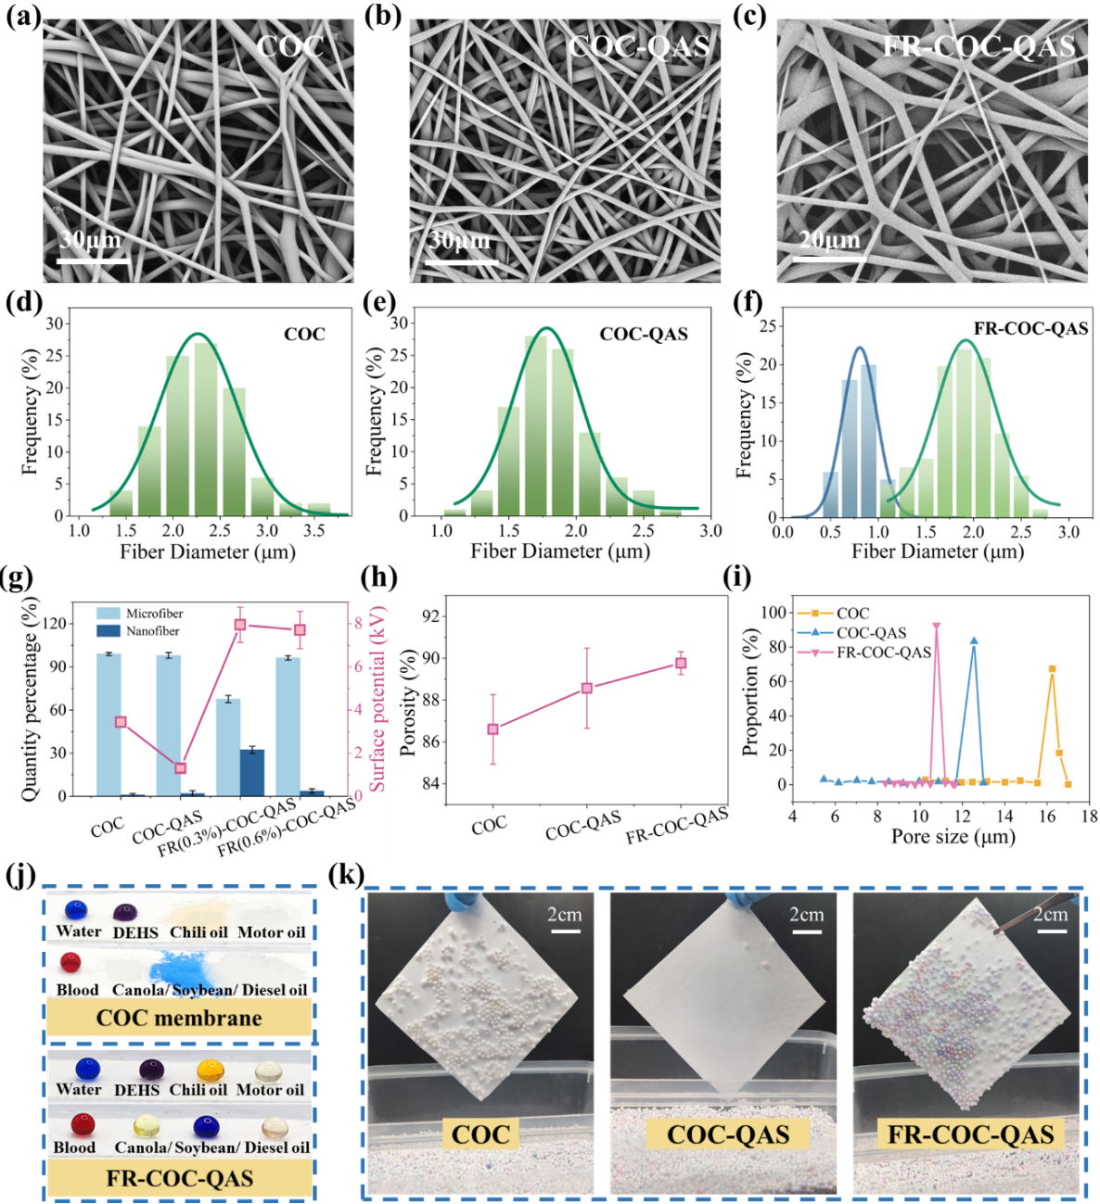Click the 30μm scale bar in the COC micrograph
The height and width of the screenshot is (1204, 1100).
coord(92,261)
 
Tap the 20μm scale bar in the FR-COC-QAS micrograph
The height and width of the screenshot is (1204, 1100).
coord(829,260)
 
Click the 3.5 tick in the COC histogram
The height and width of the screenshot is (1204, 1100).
coord(314,530)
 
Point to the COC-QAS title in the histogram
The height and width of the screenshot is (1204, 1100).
coord(644,335)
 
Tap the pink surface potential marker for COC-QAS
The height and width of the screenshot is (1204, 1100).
coord(181,768)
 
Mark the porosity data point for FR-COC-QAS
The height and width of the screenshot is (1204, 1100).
coord(681,664)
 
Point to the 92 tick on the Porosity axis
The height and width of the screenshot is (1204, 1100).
coord(430,616)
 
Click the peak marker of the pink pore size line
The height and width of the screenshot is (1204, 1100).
coord(937,627)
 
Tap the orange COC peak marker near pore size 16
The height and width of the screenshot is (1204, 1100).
coord(1052,669)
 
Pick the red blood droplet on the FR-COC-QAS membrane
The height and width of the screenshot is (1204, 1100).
coord(83,1124)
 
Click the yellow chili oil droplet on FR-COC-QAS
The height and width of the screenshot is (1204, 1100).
coord(211,1071)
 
